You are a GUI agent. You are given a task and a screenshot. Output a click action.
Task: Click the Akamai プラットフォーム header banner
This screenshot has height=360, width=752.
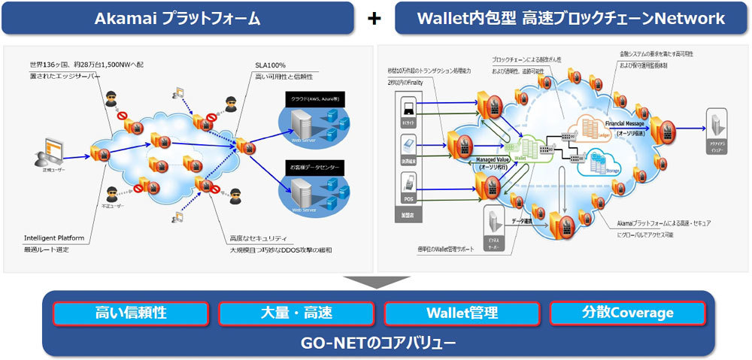177,18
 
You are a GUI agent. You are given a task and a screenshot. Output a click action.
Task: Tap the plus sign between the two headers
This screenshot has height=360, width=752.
374,19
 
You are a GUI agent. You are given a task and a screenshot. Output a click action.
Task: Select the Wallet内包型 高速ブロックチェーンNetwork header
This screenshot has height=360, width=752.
572,18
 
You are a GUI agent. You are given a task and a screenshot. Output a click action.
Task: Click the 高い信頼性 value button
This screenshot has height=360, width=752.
130,313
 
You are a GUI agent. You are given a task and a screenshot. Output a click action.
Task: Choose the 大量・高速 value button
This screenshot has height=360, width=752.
296,313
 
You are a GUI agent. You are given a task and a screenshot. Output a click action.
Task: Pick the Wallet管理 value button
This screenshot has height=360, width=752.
462,313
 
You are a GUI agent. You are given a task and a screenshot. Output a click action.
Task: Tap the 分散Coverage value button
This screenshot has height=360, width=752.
628,313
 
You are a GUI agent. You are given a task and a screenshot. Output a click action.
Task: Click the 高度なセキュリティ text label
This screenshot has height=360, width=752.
259,237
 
